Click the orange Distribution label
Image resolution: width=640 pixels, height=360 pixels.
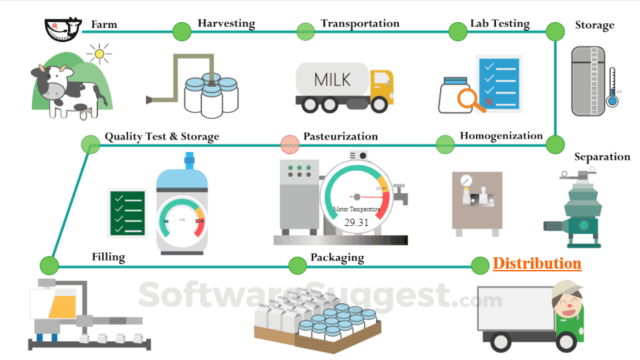(537, 264)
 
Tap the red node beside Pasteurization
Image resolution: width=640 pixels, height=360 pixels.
(290, 144)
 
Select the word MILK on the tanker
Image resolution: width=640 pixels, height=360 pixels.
(332, 80)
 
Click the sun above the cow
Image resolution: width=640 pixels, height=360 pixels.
(100, 54)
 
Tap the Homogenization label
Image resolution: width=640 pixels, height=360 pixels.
(501, 136)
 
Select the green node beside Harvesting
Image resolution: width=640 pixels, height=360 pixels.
(181, 31)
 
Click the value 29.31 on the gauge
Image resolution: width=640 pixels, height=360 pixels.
(356, 223)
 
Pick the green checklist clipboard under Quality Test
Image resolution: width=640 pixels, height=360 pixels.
(127, 213)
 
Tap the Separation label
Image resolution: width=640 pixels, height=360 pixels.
(602, 157)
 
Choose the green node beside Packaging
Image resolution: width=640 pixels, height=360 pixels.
(297, 265)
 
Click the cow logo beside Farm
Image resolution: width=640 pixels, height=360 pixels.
(59, 28)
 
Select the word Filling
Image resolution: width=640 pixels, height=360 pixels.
(108, 257)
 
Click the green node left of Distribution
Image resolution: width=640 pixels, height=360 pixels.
(480, 265)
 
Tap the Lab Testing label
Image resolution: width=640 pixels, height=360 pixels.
(499, 24)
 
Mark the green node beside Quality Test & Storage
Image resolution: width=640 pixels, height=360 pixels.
(90, 144)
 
